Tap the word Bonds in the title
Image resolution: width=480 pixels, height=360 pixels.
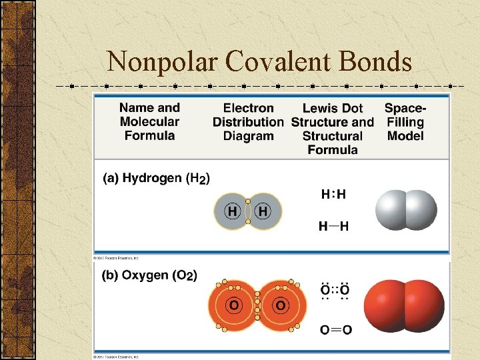(x=375, y=61)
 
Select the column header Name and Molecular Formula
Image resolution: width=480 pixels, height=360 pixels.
(x=149, y=121)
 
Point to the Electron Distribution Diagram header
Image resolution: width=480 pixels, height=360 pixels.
(x=248, y=122)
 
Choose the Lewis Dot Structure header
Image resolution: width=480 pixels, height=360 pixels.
(x=333, y=129)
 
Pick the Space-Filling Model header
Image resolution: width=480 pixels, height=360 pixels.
(x=405, y=122)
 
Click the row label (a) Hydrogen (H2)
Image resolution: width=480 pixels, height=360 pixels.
(x=157, y=179)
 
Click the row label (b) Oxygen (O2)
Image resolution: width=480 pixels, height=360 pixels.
(x=149, y=275)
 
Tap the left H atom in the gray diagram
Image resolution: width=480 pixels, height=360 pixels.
(x=233, y=211)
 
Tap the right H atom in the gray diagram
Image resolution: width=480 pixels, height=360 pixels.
(x=263, y=211)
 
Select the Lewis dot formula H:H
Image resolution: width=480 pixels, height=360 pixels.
(x=333, y=195)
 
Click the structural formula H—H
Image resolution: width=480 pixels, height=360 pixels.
(x=333, y=227)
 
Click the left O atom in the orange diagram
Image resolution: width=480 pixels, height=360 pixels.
(x=235, y=306)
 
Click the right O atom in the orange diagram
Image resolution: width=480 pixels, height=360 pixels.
(x=281, y=306)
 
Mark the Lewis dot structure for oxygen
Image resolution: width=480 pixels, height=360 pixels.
(x=335, y=291)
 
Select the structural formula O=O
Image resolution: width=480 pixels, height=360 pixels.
(x=336, y=329)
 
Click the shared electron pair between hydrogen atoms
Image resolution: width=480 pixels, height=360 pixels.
(x=248, y=211)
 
